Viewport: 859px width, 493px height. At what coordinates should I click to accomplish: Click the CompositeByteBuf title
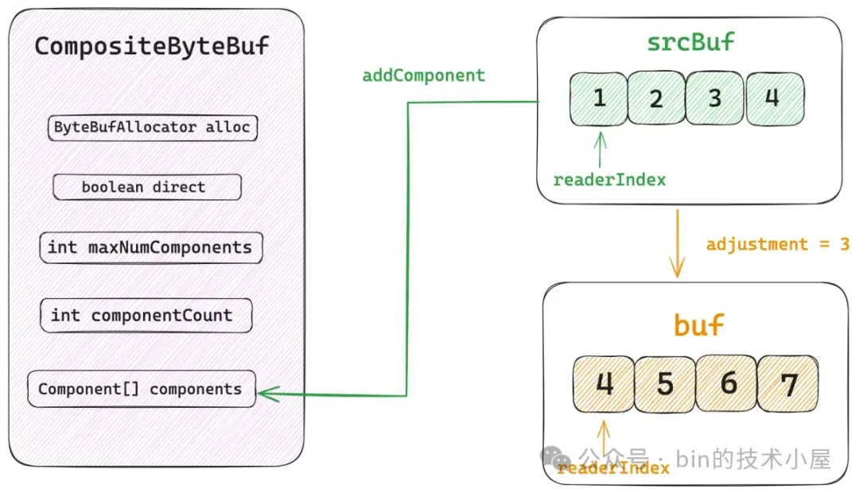(152, 46)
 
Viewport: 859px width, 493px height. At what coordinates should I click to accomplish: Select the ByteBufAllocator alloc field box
(152, 128)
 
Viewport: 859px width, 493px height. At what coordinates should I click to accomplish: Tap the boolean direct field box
(147, 187)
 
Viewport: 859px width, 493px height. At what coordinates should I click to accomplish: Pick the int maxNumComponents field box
(151, 247)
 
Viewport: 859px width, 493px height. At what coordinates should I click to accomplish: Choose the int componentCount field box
(146, 316)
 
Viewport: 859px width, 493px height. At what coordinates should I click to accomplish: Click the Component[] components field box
(142, 389)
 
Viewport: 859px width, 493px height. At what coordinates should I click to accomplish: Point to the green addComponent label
(423, 75)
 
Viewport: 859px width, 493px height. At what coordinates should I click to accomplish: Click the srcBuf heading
(690, 42)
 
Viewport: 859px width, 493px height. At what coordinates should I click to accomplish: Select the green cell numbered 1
(599, 99)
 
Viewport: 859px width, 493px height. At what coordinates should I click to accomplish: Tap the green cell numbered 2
(656, 98)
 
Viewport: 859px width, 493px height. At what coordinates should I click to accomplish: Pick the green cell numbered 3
(714, 98)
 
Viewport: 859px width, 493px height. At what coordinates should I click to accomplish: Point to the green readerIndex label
(610, 180)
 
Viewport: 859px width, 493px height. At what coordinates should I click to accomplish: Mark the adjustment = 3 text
(778, 244)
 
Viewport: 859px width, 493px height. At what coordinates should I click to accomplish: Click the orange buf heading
(698, 325)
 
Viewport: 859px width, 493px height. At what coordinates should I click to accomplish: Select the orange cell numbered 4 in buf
(604, 383)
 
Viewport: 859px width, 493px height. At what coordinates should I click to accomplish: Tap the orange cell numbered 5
(665, 384)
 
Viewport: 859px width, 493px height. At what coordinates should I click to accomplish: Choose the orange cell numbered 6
(726, 383)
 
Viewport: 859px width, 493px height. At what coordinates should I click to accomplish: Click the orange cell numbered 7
(787, 383)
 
